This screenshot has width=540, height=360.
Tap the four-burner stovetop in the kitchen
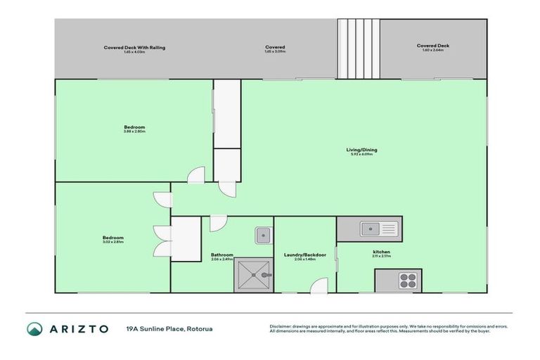[408, 280]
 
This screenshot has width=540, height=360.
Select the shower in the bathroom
[253, 276]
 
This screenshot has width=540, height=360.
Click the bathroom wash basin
[263, 234]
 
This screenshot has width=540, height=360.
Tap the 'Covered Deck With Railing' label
[134, 47]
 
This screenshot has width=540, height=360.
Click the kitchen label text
[382, 251]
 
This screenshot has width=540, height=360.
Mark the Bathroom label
[221, 255]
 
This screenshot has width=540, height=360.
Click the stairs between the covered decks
[358, 49]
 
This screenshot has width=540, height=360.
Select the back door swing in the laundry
[319, 285]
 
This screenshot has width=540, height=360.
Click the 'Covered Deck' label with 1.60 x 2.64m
[433, 46]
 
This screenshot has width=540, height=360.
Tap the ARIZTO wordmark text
[79, 329]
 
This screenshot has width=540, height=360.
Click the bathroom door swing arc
[218, 222]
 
